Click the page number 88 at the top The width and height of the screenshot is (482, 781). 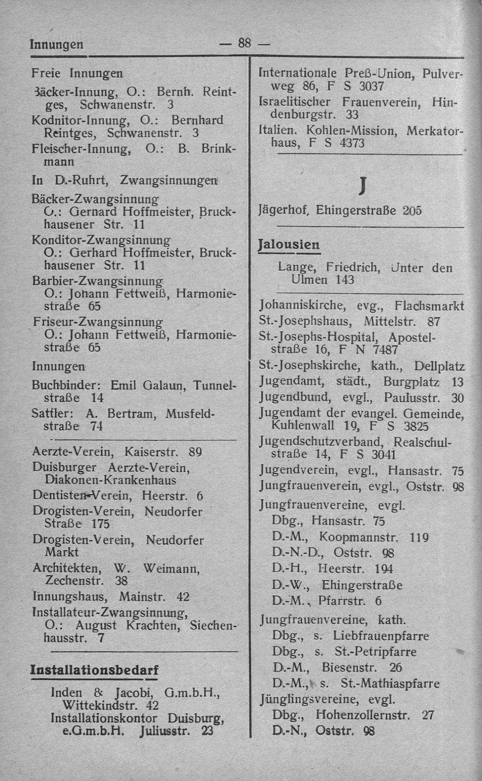244,43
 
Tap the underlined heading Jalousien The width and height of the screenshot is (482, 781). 289,245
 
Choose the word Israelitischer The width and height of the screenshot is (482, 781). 294,101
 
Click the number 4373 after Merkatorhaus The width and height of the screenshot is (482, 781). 351,144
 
